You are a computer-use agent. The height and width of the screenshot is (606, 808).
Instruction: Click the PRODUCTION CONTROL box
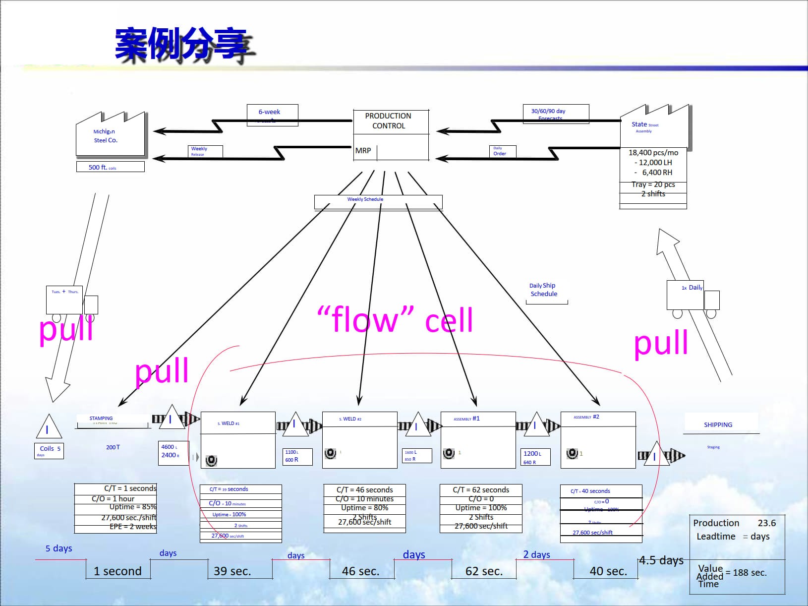coord(389,121)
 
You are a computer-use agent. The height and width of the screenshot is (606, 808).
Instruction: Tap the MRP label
coord(363,151)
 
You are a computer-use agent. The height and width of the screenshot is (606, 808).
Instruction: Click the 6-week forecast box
coord(272,115)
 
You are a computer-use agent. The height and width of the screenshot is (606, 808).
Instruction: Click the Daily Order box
coord(502,151)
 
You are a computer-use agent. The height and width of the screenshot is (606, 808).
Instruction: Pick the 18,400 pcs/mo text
coord(653,153)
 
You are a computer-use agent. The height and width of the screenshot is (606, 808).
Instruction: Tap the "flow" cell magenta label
coord(395,320)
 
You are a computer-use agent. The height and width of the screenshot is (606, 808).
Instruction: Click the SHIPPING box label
coord(718,425)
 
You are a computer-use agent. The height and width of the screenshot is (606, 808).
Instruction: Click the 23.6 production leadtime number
coord(766,523)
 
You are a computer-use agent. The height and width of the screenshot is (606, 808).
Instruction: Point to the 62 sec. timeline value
coord(484,571)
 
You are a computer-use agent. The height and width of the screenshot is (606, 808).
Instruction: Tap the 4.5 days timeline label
coord(661,560)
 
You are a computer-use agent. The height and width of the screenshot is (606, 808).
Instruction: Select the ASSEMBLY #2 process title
coord(586,417)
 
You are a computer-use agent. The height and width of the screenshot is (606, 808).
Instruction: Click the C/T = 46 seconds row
coord(364,490)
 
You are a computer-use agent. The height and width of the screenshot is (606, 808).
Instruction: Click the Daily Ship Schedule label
coord(543,290)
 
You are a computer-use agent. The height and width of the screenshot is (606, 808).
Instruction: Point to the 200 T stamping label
coord(113,447)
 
